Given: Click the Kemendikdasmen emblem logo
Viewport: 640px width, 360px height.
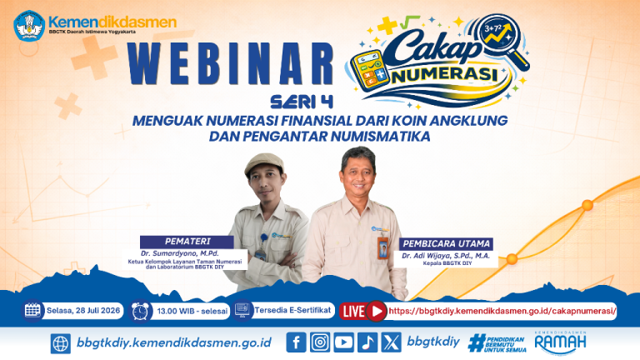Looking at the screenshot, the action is click(29, 26).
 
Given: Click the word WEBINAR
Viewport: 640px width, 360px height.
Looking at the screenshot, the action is click(231, 64).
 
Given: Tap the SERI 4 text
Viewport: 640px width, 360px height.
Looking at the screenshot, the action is click(302, 102).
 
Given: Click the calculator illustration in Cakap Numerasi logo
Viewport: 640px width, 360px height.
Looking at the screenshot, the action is click(368, 70).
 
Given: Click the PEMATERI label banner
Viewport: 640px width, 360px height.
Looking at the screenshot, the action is click(187, 241).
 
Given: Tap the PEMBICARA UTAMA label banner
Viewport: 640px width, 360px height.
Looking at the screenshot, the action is click(446, 243).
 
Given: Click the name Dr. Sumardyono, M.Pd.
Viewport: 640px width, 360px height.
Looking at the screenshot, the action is click(180, 253).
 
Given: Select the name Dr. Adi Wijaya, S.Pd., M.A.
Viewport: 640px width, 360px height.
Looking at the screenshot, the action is click(446, 256).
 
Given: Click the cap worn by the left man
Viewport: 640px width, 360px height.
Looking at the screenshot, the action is click(264, 163).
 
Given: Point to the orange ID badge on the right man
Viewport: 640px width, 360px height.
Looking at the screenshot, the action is click(382, 248).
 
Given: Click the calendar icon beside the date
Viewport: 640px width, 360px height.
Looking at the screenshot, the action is click(32, 310).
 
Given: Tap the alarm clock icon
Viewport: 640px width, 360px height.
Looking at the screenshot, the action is click(140, 312).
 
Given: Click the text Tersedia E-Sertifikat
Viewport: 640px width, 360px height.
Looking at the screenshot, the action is click(292, 310).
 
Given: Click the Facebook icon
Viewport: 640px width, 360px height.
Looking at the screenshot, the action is click(297, 342).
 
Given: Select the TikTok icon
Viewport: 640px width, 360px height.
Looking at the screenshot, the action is click(367, 342).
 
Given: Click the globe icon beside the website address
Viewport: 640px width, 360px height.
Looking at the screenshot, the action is click(60, 343).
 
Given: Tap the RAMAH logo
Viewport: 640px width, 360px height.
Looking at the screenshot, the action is click(560, 342).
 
